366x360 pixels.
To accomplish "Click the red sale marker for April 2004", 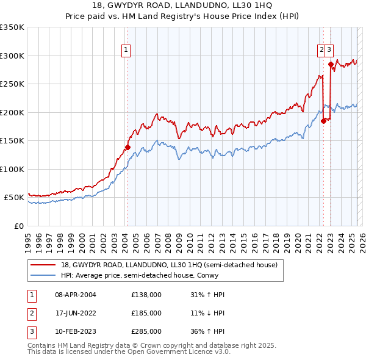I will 128,147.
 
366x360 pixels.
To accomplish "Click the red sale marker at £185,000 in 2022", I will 323,121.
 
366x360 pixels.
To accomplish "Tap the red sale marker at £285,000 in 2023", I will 331,64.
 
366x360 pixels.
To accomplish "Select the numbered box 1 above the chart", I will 126,51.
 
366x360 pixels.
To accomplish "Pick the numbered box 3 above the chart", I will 329,51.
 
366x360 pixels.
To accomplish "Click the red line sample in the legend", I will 43,265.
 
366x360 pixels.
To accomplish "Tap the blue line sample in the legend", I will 43,275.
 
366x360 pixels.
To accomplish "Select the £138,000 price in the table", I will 146,295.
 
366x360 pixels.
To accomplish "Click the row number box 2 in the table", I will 30,313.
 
